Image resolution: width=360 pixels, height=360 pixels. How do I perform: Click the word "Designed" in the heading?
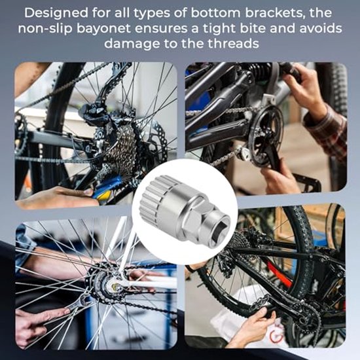coord(56,13)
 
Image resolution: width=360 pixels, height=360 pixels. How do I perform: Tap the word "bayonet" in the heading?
coord(103,28)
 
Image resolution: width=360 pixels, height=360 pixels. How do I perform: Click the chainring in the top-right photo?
coord(266,135)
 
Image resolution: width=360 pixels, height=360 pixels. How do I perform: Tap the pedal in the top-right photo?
coord(308,181)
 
